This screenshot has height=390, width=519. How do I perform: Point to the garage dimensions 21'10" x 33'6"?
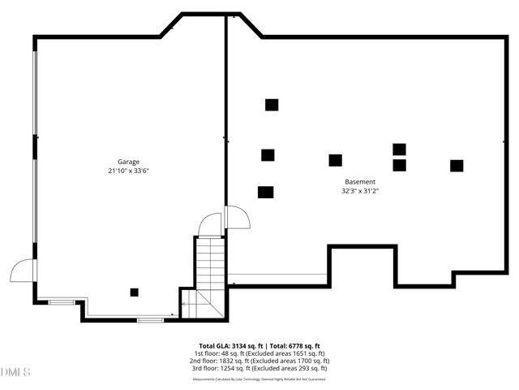pos(131,171)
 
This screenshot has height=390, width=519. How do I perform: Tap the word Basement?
pos(360,182)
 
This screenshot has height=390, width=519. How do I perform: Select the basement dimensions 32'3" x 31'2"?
pos(360,192)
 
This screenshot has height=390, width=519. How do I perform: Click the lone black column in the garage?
pos(135,292)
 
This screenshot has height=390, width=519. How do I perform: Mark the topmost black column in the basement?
pos(272,105)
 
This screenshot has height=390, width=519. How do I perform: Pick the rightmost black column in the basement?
pos(457,166)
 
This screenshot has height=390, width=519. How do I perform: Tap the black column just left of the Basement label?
pos(335,160)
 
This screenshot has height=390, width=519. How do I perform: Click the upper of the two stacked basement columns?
pos(399,149)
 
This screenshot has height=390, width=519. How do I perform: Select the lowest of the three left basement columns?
pos(265,193)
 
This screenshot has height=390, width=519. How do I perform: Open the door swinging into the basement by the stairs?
pos(237,218)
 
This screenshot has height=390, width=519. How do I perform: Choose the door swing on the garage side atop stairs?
pos(211,225)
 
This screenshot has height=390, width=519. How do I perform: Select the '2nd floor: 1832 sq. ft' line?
pos(259,361)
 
